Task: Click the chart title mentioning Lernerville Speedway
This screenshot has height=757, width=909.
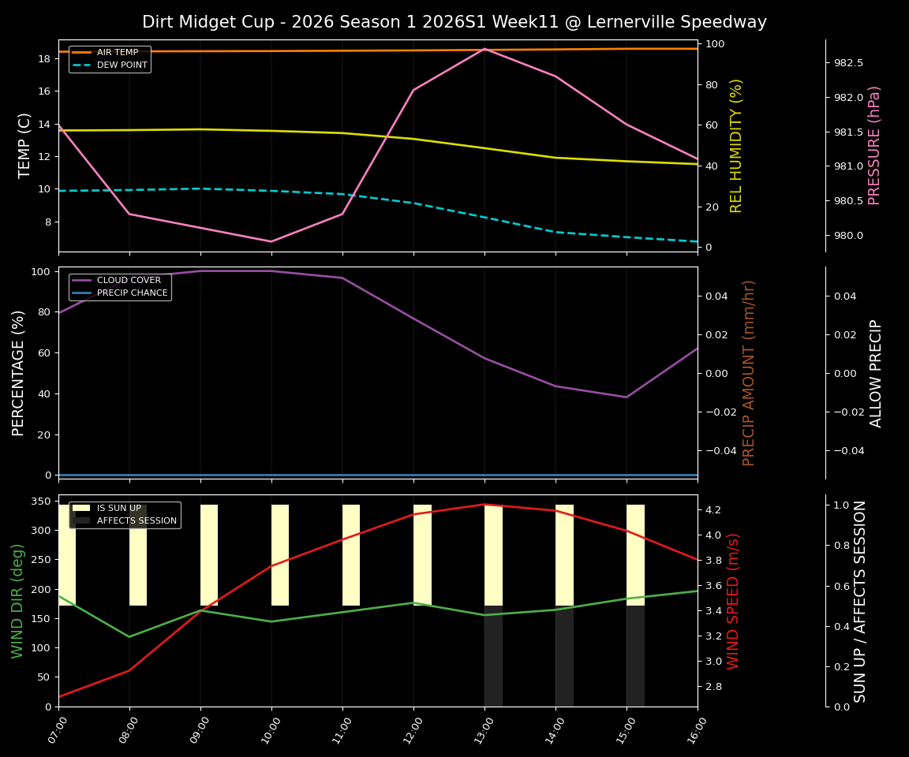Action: tap(454, 22)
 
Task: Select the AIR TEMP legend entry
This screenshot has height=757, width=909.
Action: tap(117, 52)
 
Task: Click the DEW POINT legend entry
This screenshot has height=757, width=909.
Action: tap(122, 65)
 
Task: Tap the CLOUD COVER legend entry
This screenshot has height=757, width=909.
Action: tap(128, 280)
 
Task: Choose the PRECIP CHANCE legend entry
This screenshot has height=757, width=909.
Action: tap(132, 293)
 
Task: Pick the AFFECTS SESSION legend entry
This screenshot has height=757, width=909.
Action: tap(136, 520)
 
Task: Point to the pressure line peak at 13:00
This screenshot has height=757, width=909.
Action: tap(484, 49)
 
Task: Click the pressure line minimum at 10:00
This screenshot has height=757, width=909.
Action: tap(271, 241)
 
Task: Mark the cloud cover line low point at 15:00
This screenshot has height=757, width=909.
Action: tap(627, 397)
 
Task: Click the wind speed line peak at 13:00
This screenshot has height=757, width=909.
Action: tap(484, 505)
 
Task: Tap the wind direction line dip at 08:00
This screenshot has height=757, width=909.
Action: tap(129, 636)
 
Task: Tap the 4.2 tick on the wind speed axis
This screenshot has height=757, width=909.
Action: tap(713, 510)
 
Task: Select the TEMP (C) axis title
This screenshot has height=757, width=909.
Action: tap(24, 145)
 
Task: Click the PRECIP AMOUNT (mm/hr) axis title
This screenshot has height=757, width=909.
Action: tap(749, 372)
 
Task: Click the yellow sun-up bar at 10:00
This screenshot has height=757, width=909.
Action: tap(280, 555)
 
